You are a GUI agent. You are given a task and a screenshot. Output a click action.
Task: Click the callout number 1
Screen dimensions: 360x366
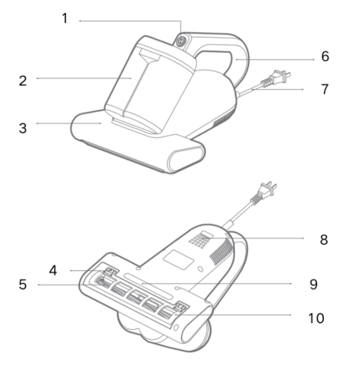[x=64, y=18]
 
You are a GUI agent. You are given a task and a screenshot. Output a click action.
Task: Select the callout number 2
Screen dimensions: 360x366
[x=23, y=81]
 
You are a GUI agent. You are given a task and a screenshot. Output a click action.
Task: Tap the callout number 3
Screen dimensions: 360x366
[x=23, y=128]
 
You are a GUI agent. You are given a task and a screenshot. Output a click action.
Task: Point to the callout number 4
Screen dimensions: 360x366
[x=53, y=270]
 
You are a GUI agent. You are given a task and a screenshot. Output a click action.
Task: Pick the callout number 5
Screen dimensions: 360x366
[x=23, y=285]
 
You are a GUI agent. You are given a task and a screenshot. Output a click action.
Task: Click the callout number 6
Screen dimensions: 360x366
[x=325, y=56]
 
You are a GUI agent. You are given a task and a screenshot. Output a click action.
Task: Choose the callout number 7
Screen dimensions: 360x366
[x=325, y=89]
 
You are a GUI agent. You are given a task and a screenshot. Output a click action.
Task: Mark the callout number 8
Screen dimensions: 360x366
[x=324, y=239]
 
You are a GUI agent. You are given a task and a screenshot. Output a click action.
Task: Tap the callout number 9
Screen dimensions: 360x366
[x=314, y=284]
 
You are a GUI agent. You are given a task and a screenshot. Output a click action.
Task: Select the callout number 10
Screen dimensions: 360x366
[x=316, y=318]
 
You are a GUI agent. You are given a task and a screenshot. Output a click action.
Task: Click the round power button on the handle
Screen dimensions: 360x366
[x=181, y=41]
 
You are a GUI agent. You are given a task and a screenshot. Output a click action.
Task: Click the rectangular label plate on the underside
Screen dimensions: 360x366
[x=178, y=259]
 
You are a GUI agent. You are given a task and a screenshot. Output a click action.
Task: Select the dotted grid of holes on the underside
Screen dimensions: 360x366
[x=199, y=240]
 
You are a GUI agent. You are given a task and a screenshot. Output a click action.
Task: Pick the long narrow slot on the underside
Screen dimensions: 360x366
[x=148, y=286]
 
